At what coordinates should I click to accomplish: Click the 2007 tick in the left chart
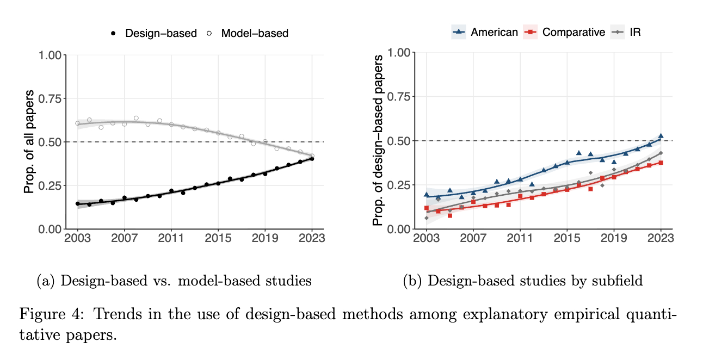click(124, 239)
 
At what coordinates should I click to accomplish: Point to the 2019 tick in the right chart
click(614, 239)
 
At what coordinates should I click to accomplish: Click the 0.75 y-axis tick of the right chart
click(401, 97)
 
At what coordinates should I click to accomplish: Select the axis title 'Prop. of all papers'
click(29, 142)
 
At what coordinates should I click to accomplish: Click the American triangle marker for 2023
click(661, 136)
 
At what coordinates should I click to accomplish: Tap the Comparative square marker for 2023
click(661, 163)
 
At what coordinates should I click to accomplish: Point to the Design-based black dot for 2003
click(77, 203)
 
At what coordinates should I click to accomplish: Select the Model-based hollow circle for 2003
click(77, 123)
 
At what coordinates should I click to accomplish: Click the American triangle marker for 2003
click(427, 195)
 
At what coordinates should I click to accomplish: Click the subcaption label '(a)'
click(46, 281)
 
